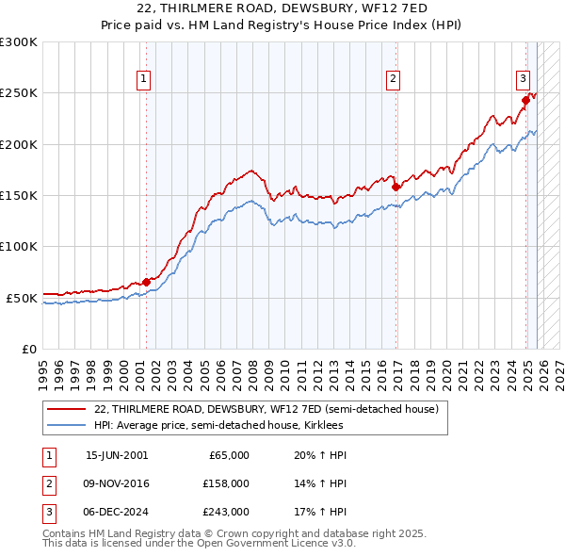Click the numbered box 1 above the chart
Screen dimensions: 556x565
(144, 80)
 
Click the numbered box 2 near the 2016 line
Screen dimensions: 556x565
(393, 80)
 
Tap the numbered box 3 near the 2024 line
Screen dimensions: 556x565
(523, 80)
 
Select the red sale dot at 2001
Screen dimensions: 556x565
(147, 281)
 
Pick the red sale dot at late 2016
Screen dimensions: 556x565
(395, 187)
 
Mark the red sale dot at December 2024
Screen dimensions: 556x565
(525, 100)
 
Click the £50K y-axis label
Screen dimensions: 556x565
(22, 298)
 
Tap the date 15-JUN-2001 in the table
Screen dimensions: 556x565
(117, 455)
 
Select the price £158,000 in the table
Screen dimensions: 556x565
(227, 483)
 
